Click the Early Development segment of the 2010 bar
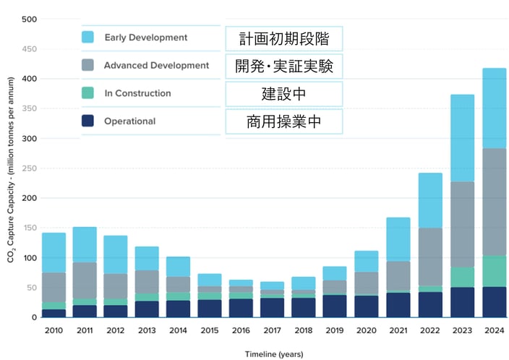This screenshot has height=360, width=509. point(54,252)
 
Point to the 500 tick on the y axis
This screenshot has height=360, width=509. point(29,19)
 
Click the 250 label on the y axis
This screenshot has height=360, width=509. point(29,168)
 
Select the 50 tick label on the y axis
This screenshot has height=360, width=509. point(31,288)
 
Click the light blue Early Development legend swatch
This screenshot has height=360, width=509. point(88,38)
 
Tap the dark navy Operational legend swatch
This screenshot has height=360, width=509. point(88,121)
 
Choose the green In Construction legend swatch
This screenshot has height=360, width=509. point(88,93)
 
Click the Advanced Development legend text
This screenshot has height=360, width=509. point(156,66)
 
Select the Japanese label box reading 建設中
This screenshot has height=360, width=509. point(283,94)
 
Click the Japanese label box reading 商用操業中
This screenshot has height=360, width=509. point(283,122)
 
